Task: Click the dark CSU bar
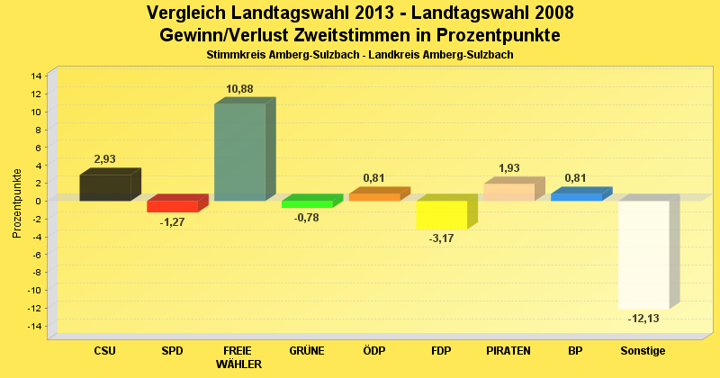tap(105, 187)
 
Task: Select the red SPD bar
tap(172, 206)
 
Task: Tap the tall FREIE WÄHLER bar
tap(239, 151)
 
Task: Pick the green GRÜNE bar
tap(307, 204)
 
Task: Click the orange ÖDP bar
tap(374, 196)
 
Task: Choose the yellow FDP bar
tap(441, 215)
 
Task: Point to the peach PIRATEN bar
tap(508, 192)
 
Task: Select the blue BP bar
tap(576, 196)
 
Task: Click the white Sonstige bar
tap(643, 254)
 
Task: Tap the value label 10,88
tap(240, 88)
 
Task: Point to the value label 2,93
tap(105, 159)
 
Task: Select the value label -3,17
tap(442, 238)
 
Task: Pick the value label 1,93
tap(509, 168)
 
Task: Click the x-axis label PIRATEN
tap(508, 350)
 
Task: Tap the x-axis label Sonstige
tap(643, 350)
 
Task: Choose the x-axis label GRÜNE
tap(307, 350)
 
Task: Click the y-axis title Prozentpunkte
tap(18, 203)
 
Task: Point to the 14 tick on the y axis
tap(36, 76)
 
